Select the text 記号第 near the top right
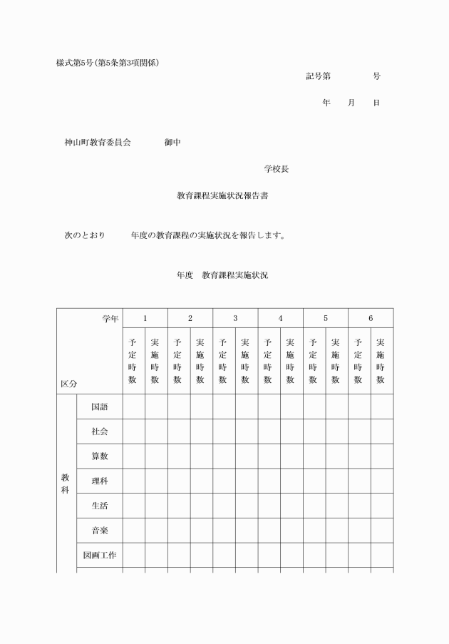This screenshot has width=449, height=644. [x=318, y=76]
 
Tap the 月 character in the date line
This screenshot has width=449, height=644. [x=351, y=103]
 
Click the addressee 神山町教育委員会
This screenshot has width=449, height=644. [x=98, y=143]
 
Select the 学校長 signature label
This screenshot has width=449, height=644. [x=276, y=169]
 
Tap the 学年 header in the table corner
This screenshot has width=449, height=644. [x=110, y=318]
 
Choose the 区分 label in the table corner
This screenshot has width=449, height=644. [x=69, y=383]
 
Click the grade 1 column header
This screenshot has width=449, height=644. [x=145, y=318]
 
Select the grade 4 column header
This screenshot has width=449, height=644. [x=280, y=318]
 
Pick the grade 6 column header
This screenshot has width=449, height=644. [x=370, y=318]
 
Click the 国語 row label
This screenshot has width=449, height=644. [x=99, y=407]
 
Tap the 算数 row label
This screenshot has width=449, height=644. [x=99, y=456]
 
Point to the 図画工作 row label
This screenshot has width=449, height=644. [x=99, y=555]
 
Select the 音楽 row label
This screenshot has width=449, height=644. [x=99, y=531]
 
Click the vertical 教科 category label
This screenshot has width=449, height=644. [x=66, y=485]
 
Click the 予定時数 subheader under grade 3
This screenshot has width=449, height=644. [x=223, y=361]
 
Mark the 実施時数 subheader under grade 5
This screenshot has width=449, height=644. [x=336, y=361]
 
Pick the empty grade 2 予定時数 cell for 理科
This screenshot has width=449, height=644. [x=178, y=481]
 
